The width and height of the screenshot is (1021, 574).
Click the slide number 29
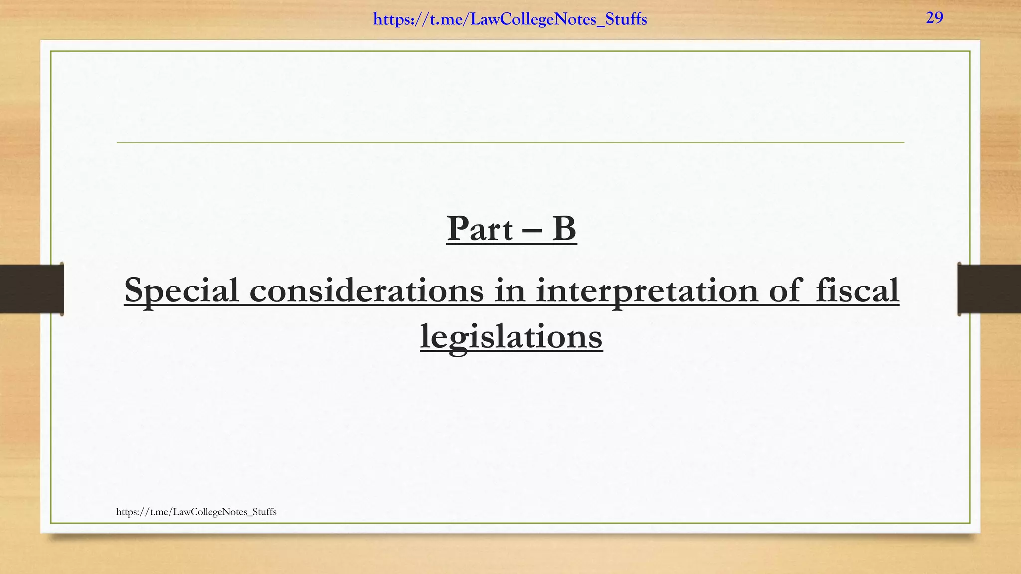[934, 18]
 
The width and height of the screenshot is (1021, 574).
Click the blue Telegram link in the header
[510, 20]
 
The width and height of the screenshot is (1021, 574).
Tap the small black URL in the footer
[196, 512]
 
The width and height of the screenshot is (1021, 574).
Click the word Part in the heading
[480, 229]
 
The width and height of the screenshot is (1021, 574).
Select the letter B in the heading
[564, 229]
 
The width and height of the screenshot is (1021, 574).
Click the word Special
[181, 290]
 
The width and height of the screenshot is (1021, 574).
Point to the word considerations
[366, 290]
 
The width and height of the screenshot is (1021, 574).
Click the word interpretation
[647, 290]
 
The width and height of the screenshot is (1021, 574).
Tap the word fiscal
[857, 290]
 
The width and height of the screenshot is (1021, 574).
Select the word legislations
[511, 337]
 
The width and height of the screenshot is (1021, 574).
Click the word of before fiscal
[785, 290]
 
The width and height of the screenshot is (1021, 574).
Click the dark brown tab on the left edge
[31, 289]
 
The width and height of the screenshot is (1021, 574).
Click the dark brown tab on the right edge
[989, 289]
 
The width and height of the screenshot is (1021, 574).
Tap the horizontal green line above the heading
[510, 143]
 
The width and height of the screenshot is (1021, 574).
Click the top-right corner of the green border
[970, 51]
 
